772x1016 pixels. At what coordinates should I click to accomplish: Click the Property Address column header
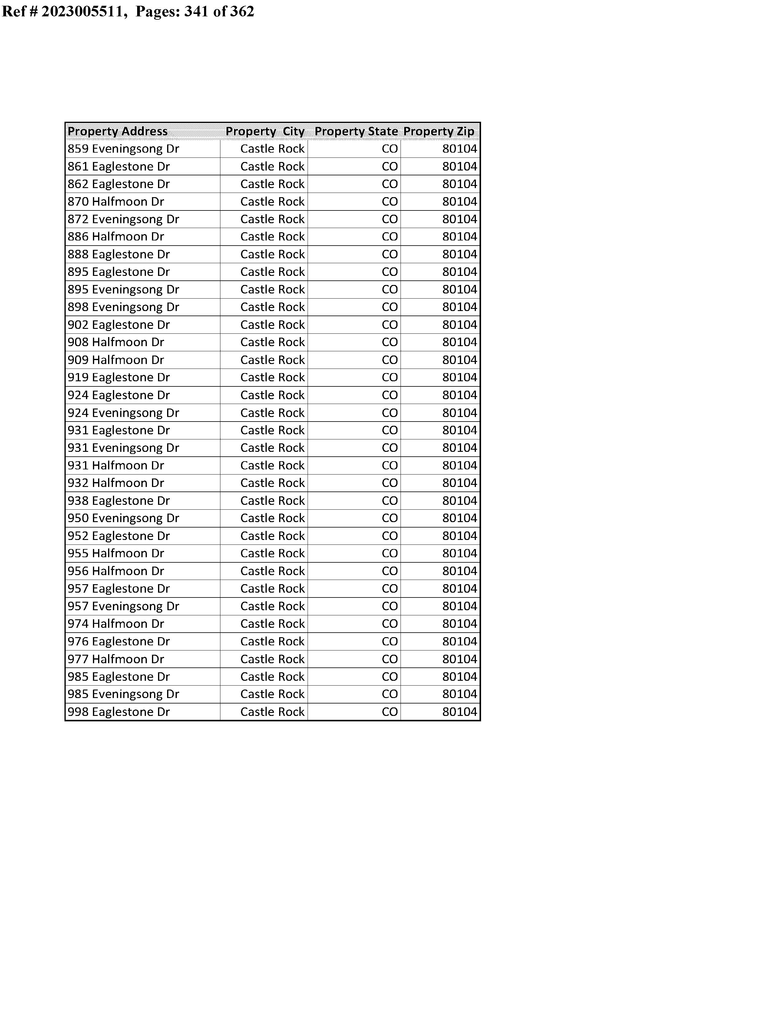point(118,131)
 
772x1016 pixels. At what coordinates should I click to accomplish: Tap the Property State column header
point(356,131)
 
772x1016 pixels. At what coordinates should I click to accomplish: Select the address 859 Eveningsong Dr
point(123,149)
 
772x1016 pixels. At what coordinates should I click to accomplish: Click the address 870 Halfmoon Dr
point(116,202)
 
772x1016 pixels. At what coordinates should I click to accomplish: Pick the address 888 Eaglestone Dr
point(119,255)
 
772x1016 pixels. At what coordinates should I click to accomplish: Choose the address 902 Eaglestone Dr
point(119,325)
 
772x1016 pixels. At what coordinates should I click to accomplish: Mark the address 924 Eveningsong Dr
point(123,413)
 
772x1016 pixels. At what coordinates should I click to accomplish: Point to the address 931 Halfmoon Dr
point(116,465)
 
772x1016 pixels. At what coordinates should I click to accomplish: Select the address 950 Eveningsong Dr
point(123,518)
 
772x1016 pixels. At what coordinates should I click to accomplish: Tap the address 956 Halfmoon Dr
point(116,571)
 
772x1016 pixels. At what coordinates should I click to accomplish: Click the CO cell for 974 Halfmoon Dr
point(390,624)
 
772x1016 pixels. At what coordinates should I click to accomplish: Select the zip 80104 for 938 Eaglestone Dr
point(460,501)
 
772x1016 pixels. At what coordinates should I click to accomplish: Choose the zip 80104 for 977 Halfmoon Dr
point(460,659)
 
